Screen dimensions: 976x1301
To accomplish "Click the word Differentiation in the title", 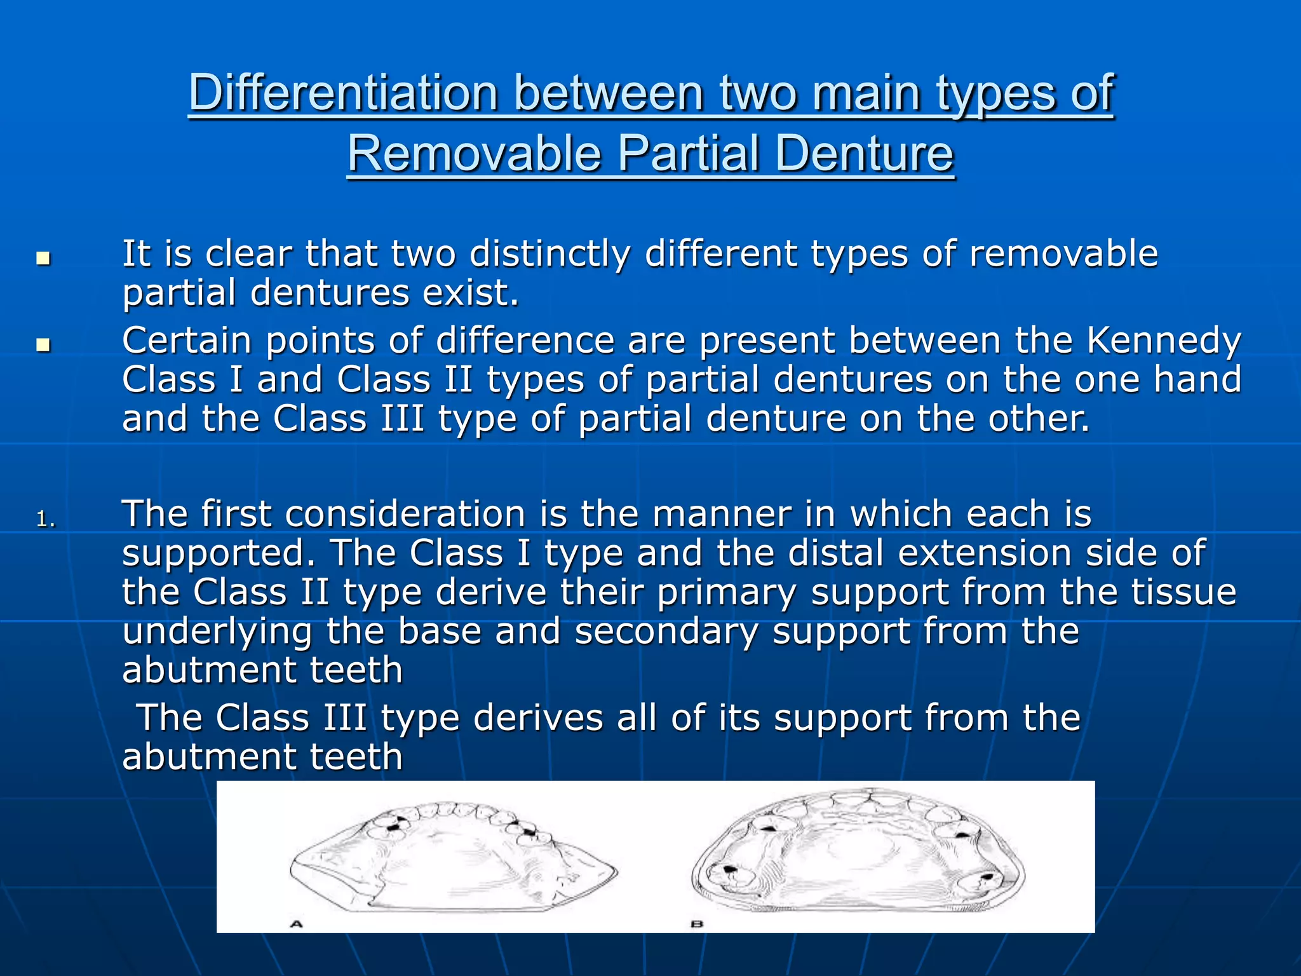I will (343, 94).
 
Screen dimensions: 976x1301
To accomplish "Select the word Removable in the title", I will (474, 154).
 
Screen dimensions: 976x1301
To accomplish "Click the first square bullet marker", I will (43, 259).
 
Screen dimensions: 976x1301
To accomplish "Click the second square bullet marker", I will (43, 346).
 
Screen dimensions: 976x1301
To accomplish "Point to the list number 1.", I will (46, 520).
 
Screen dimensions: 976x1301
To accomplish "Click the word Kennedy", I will (1163, 342).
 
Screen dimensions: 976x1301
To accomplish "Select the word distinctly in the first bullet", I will (549, 254).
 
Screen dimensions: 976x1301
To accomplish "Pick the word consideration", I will (405, 514).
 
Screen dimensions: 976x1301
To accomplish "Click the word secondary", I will (666, 632).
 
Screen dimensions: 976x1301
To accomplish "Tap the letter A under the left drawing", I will (296, 924).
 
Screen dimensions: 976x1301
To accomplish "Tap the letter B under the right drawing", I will (697, 924).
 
